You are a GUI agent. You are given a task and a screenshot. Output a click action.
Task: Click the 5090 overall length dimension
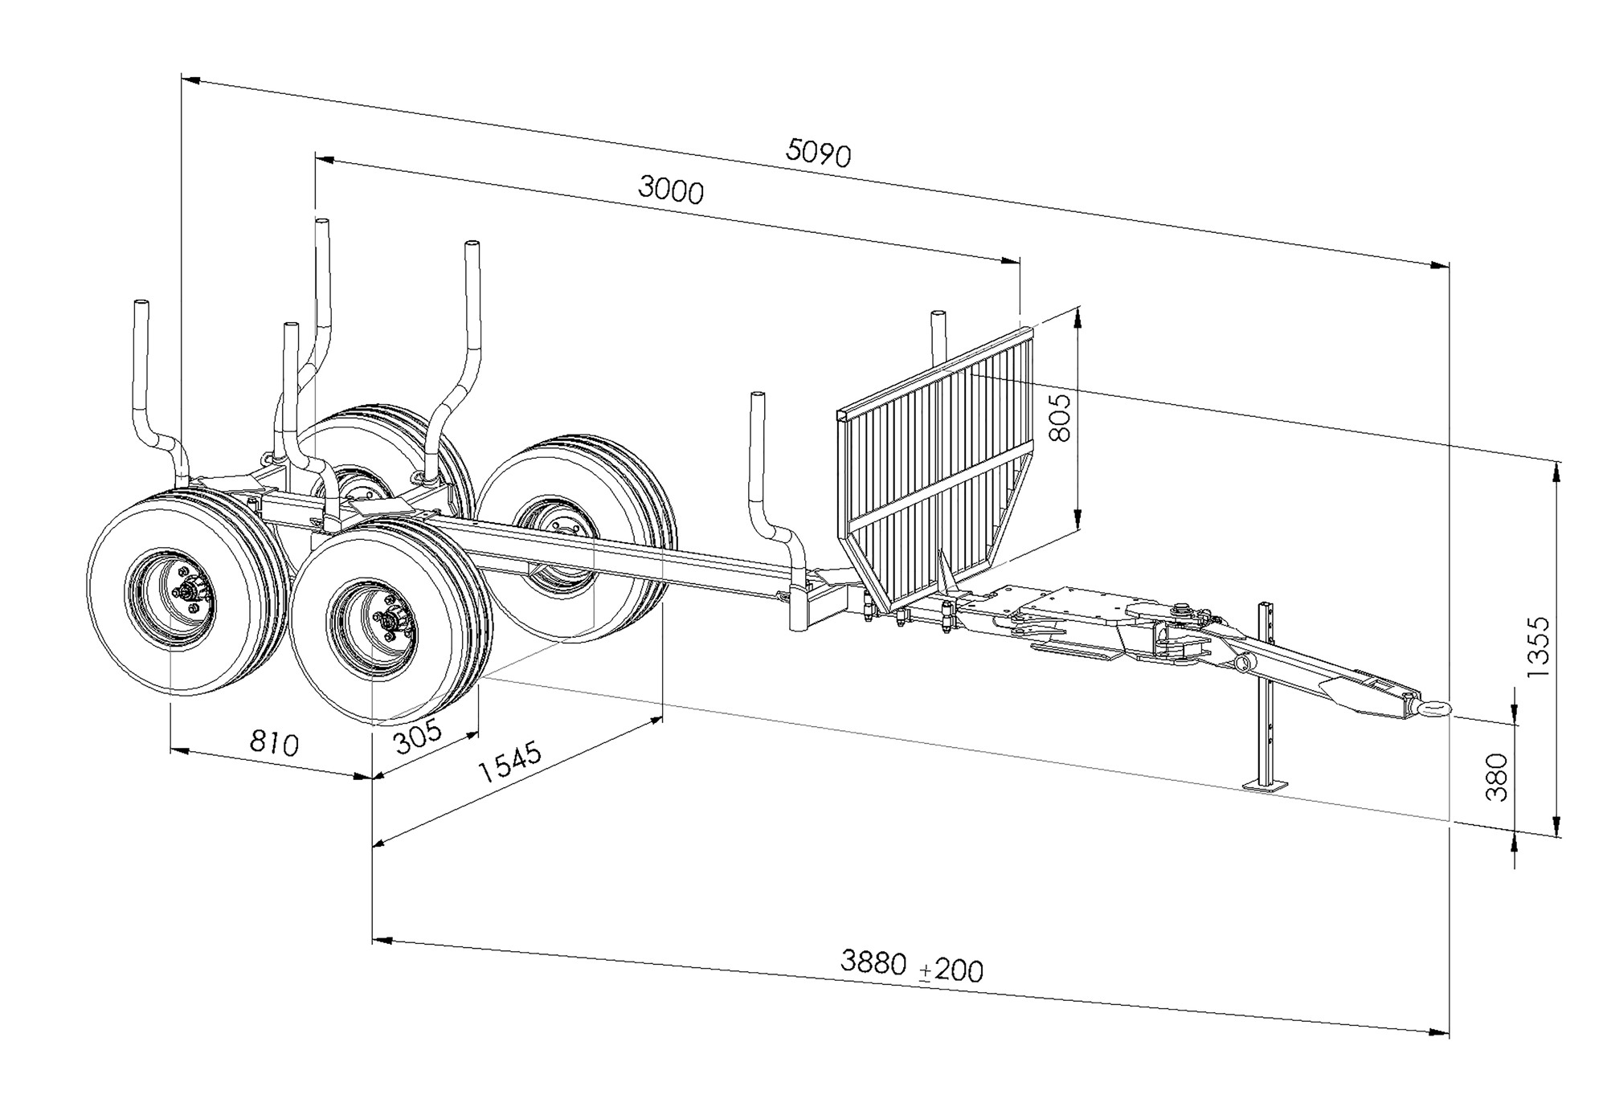[x=818, y=153]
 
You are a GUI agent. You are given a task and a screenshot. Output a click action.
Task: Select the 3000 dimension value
[x=671, y=190]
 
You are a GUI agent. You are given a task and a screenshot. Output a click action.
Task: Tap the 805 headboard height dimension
[x=1061, y=418]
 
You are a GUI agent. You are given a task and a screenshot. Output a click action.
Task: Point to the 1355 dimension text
[x=1538, y=647]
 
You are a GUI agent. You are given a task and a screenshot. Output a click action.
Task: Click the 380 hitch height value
[x=1496, y=777]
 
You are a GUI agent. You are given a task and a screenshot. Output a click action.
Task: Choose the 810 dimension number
[x=274, y=743]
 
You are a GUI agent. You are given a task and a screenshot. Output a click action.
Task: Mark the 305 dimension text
[x=419, y=737]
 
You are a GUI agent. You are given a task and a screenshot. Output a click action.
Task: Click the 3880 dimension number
[x=873, y=962]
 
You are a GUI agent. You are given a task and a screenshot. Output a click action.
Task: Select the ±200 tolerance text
[x=952, y=970]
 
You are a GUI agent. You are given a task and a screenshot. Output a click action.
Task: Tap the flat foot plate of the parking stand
[x=1265, y=784]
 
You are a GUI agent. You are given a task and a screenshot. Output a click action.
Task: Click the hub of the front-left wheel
[x=191, y=595]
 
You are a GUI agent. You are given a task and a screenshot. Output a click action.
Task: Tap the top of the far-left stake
[x=141, y=305]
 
